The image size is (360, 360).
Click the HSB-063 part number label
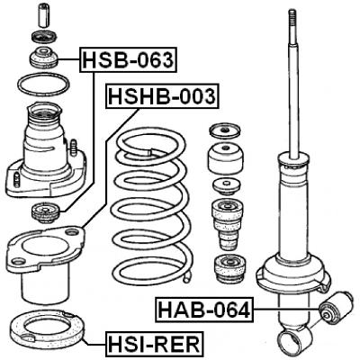pos(128,60)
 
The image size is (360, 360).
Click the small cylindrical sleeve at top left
pos(41,15)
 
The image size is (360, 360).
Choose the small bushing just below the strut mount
pos(44,213)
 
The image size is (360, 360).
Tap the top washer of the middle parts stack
pos(220,128)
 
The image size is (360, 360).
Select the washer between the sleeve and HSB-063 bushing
pos(41,37)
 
